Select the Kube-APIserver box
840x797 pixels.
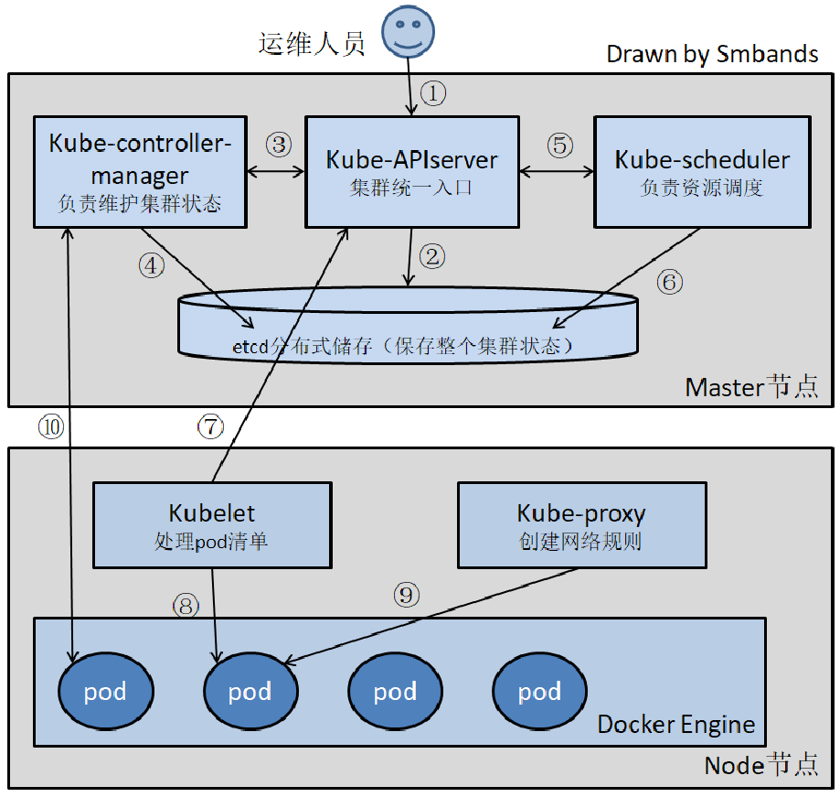click(x=411, y=171)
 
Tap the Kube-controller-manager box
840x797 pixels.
click(x=140, y=171)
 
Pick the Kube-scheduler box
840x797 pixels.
click(x=702, y=171)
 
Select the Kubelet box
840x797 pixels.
click(x=212, y=524)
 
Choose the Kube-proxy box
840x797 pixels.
click(x=581, y=524)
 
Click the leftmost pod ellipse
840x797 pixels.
click(x=105, y=691)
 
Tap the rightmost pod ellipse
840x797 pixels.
click(x=539, y=691)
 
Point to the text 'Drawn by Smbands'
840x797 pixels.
click(x=712, y=54)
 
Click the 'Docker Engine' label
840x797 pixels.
click(x=676, y=725)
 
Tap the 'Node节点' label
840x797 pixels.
click(x=760, y=765)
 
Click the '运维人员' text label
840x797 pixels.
click(x=312, y=43)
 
